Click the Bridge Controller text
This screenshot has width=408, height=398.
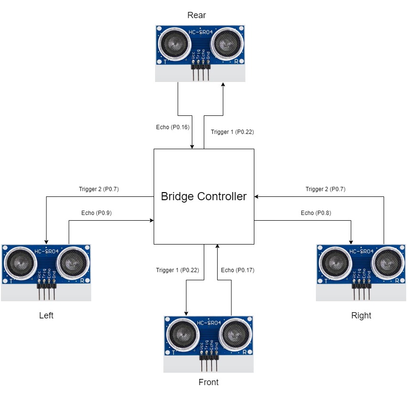point(204,196)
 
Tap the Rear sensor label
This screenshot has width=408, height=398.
point(197,15)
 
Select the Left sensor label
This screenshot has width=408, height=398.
point(46,316)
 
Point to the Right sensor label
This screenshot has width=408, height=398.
point(361,316)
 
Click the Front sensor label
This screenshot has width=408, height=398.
point(209,382)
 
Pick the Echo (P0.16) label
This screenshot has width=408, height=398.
point(173,127)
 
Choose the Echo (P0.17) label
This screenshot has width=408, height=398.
point(238,270)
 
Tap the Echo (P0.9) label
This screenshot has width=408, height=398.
point(96,213)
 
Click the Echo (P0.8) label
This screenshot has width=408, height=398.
point(316,213)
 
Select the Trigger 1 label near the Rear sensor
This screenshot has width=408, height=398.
point(232,132)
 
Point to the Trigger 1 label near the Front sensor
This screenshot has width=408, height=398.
point(178,270)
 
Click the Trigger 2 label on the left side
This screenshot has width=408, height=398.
point(99,189)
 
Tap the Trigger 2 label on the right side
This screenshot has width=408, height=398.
point(325,189)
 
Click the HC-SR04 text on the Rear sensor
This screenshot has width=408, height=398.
point(200,32)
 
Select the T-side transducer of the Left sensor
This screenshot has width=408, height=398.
point(21,263)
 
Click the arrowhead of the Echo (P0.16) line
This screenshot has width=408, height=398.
point(192,147)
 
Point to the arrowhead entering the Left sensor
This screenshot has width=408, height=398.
point(46,242)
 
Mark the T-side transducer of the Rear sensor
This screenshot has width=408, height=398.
point(174,43)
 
